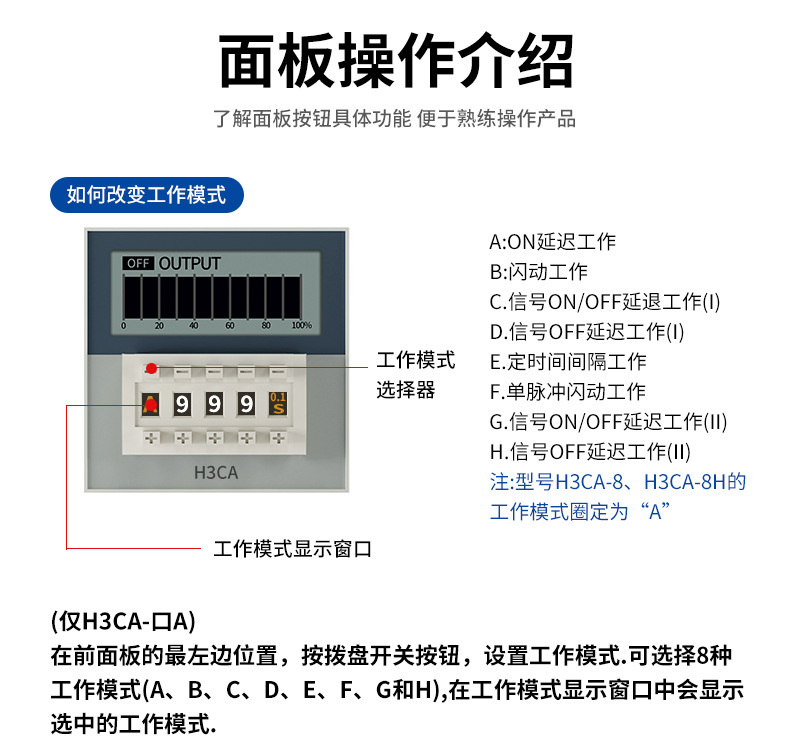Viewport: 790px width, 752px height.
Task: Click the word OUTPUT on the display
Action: pos(190,263)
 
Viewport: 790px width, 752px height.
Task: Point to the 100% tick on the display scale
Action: pos(300,326)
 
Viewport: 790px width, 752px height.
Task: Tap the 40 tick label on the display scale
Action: pos(193,326)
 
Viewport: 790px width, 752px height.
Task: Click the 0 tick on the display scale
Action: pos(124,326)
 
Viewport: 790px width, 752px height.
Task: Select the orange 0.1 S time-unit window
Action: pos(277,404)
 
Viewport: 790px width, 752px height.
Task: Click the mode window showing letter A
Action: pos(150,404)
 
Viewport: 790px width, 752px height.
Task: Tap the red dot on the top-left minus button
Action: pos(151,369)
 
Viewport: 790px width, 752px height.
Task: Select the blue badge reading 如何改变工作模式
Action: pos(146,195)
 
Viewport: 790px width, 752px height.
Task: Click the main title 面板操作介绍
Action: pos(396,62)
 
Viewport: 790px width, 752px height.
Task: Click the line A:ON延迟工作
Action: pos(552,242)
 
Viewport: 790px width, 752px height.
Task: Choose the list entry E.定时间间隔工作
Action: pos(567,362)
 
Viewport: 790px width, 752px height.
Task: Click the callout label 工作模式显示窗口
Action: pos(292,549)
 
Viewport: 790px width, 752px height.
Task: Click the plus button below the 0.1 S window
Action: pos(277,438)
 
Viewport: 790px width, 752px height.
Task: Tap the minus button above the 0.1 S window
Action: pos(277,369)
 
